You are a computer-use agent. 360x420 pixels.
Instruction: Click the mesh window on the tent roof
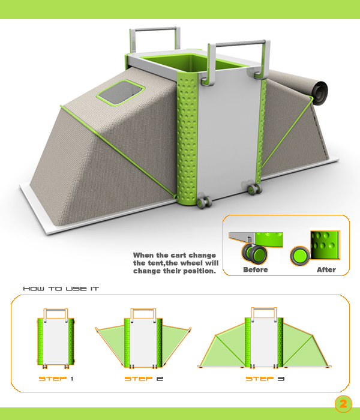coord(121,92)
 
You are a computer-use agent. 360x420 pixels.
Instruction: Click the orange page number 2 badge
coord(343,404)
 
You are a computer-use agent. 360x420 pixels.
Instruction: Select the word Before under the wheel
coord(255,269)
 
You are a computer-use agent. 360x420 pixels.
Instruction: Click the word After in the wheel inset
coord(326,269)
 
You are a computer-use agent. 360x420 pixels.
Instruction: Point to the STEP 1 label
coord(56,379)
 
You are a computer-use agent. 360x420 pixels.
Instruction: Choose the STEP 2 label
coord(144,379)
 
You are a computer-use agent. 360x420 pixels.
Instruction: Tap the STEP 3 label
coord(265,379)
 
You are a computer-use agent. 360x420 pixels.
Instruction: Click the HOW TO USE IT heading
coord(61,289)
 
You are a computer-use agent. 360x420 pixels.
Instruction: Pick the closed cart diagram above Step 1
coord(56,338)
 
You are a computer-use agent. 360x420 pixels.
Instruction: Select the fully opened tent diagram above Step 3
coord(264,338)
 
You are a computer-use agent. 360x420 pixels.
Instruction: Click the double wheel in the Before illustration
coord(255,253)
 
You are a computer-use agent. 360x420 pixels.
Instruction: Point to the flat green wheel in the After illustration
coord(300,256)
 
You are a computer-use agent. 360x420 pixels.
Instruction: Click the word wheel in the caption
coord(193,263)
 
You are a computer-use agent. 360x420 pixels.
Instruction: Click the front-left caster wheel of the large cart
coord(204,202)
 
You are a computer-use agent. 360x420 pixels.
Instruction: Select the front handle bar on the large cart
coord(239,43)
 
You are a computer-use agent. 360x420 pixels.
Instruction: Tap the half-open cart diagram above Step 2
coord(143,338)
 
